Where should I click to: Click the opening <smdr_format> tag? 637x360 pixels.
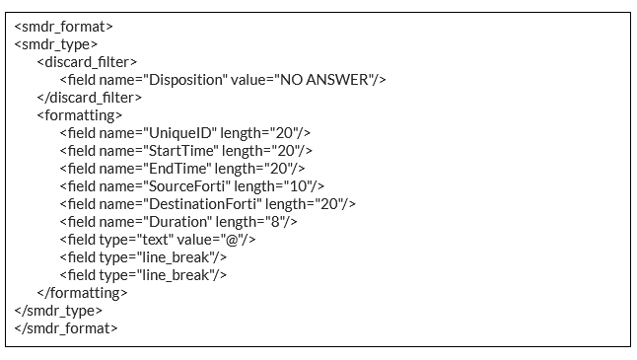click(x=63, y=27)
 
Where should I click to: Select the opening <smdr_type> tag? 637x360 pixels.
click(x=55, y=44)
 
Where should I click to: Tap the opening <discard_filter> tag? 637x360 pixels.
click(x=88, y=62)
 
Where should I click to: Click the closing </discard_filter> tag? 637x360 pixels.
click(x=90, y=98)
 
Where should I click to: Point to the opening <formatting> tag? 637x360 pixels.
click(x=79, y=115)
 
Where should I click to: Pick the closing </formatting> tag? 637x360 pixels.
click(x=82, y=293)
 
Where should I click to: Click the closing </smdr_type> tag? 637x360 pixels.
click(x=58, y=311)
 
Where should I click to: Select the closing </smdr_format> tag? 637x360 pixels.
click(x=66, y=328)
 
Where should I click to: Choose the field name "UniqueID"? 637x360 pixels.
click(x=182, y=133)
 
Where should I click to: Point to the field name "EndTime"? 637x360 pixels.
click(x=179, y=169)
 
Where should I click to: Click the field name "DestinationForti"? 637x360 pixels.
click(x=204, y=204)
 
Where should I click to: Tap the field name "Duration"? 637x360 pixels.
click(x=179, y=222)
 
